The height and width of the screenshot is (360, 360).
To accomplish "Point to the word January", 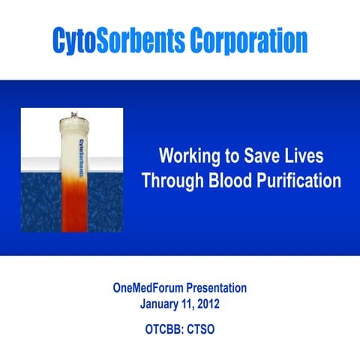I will pyautogui.click(x=163, y=304).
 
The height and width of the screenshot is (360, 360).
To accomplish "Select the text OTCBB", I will pyautogui.click(x=162, y=328).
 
